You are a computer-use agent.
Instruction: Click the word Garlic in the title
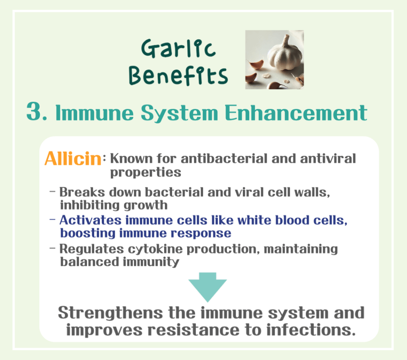178,49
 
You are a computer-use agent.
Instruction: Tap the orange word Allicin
73,159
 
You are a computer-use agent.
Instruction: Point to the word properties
145,172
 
